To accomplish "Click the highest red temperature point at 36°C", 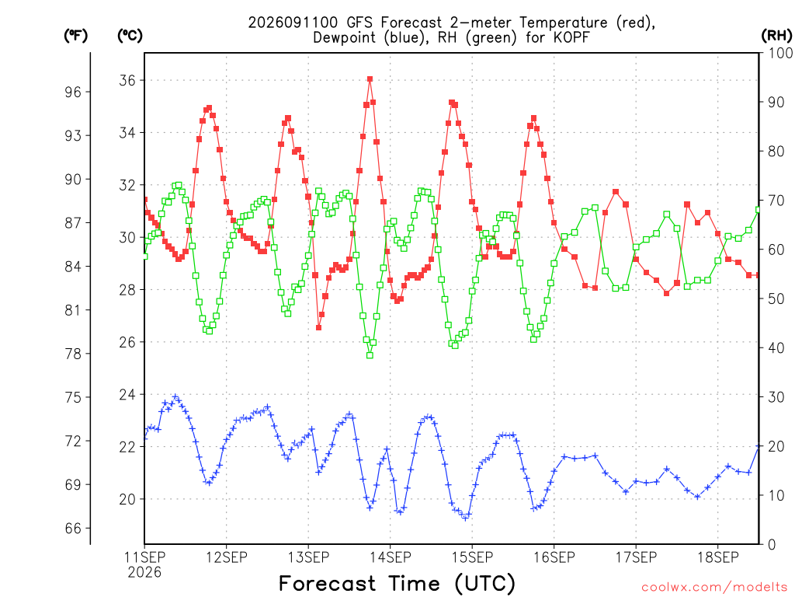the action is pos(370,79).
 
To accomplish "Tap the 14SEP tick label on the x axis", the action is pos(391,557).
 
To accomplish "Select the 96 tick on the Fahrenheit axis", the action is pos(73,92).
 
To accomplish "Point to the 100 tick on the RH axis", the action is pos(780,53).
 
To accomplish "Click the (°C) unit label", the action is pos(130,36).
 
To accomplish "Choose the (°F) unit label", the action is pos(75,36).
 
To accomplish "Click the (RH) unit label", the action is pos(776,35).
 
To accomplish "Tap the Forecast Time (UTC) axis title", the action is pos(397,583).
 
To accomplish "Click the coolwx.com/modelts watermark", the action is pos(714,588).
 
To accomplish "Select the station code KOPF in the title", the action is pos(571,37).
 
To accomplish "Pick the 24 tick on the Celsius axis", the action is pos(127,394).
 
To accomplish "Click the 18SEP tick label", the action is pos(718,557).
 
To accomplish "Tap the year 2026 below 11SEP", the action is pos(144,572).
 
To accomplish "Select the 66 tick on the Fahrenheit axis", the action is pos(73,529).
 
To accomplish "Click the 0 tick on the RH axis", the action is pos(772,545).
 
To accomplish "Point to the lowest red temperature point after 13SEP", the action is pos(319,327).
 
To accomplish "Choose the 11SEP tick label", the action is pos(144,557).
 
